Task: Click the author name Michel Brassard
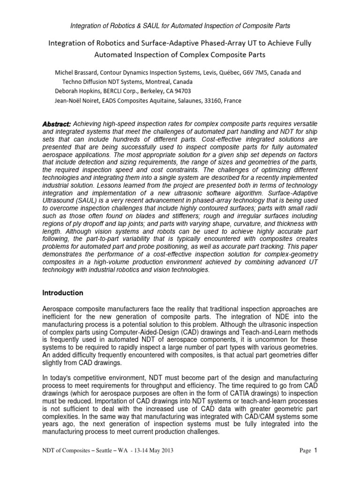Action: coord(76,73)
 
